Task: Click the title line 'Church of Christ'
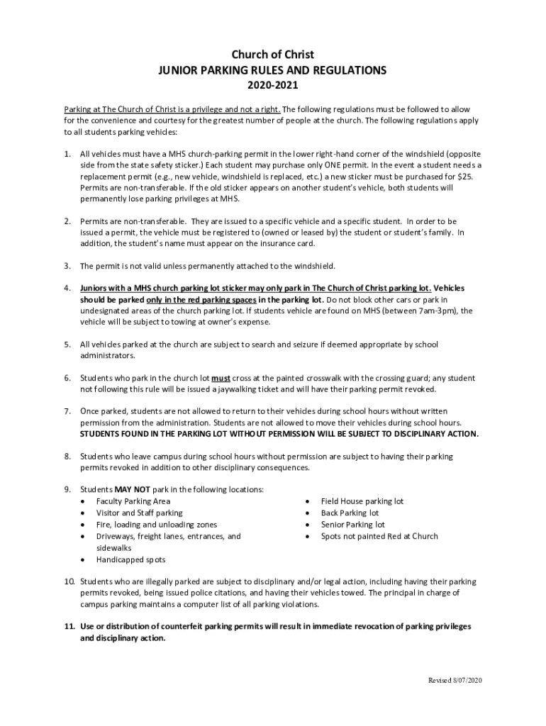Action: (273, 55)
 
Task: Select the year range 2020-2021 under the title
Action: (273, 86)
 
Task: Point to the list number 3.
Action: (67, 266)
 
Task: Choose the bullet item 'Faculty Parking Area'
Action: (133, 501)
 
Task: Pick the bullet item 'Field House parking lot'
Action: (362, 501)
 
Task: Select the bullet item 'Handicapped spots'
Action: (130, 559)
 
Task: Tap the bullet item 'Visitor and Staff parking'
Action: (139, 513)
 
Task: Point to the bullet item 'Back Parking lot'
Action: (350, 513)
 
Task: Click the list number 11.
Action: (69, 627)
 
